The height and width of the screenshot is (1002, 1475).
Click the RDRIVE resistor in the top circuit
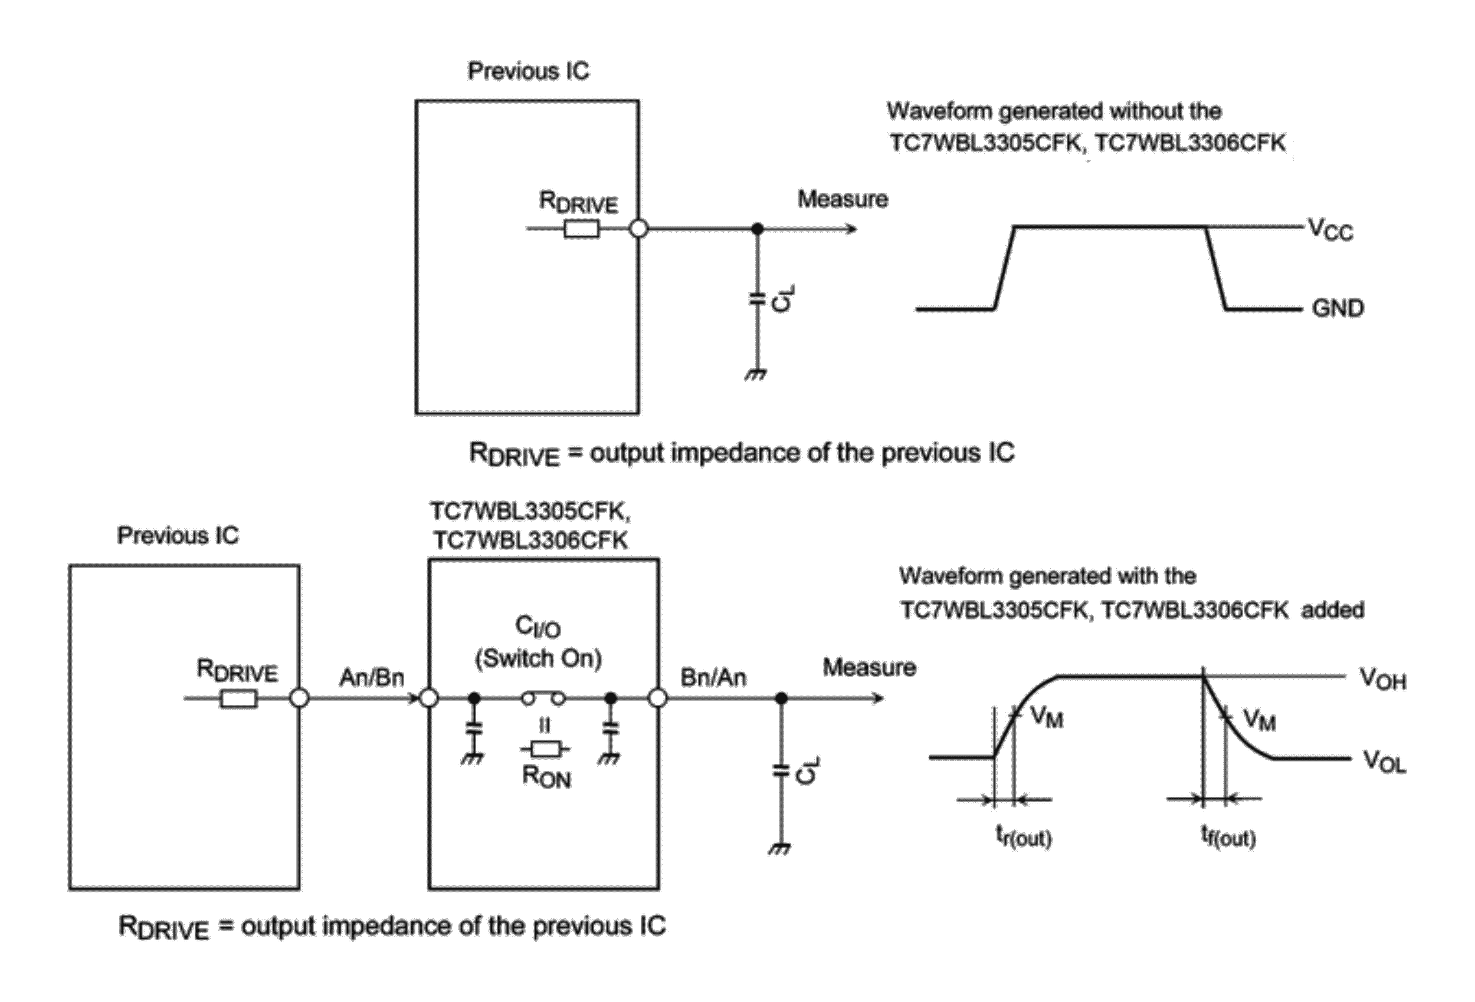581,229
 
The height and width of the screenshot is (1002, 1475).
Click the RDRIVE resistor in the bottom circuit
238,699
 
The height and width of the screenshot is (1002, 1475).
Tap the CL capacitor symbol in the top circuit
756,299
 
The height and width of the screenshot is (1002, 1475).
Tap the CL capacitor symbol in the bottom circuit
781,771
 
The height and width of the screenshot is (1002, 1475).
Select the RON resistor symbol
546,750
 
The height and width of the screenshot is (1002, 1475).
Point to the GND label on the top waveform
1338,309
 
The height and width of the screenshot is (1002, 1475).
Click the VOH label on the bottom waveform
1383,679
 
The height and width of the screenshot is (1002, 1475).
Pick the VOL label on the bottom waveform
1384,761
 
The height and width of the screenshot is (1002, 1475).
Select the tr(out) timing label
1023,836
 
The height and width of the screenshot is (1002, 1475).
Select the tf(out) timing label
1228,836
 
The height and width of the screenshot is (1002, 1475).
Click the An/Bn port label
372,678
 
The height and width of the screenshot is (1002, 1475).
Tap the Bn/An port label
713,678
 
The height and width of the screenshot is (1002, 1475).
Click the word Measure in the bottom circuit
870,667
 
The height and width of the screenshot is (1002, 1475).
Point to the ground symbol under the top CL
756,375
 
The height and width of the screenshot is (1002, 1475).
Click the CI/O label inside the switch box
538,627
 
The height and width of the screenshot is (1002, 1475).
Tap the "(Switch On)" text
538,659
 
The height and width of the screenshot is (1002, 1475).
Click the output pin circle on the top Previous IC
638,229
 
